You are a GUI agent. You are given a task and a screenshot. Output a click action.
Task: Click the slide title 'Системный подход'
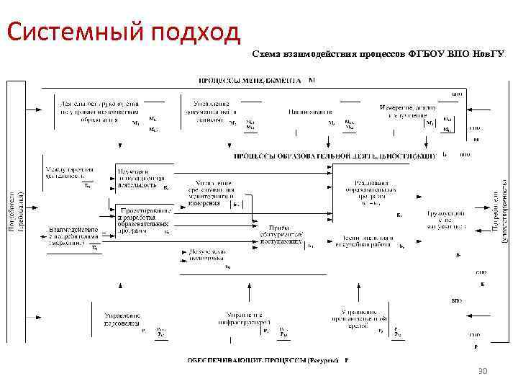click(x=122, y=31)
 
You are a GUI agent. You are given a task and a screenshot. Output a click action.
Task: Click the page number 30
click(x=483, y=370)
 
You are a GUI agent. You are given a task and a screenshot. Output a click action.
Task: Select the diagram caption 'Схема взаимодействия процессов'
click(x=329, y=54)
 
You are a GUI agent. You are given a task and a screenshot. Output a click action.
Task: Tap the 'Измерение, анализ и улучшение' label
click(x=407, y=112)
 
